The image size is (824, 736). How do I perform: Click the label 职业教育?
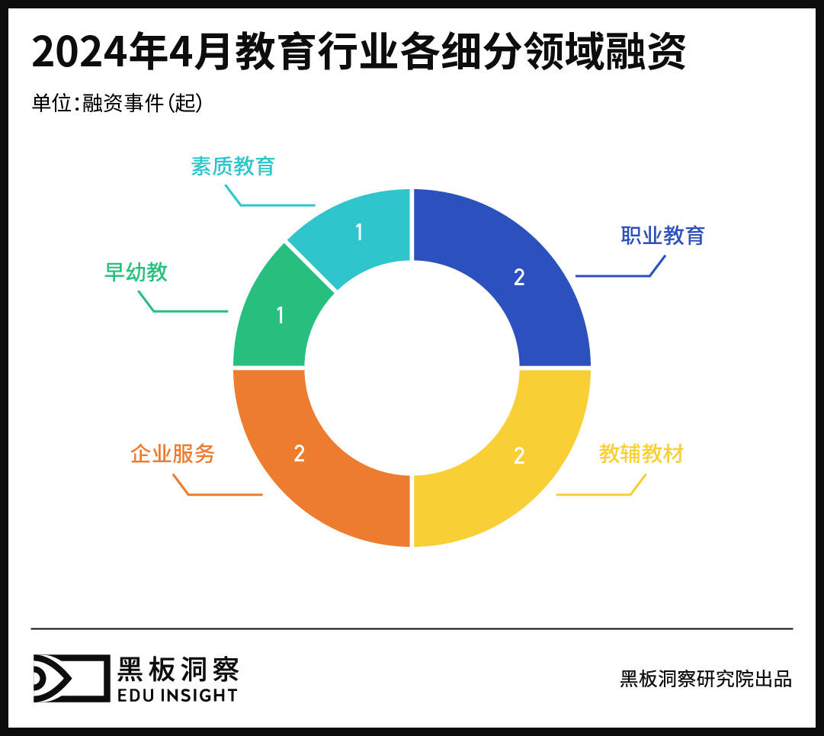click(x=662, y=235)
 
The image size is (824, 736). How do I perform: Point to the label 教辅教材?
click(x=641, y=454)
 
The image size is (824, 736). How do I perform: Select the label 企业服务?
click(x=173, y=454)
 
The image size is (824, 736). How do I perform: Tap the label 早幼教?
click(x=136, y=272)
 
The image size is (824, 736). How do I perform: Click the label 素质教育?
click(x=232, y=166)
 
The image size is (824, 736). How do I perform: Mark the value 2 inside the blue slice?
click(x=519, y=277)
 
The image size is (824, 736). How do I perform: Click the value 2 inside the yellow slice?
click(x=519, y=455)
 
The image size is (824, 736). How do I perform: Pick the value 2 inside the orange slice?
click(x=299, y=453)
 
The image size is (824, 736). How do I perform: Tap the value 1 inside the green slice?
click(x=280, y=314)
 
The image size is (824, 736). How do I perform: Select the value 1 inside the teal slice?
click(x=359, y=232)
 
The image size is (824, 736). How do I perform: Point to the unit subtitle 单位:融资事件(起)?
click(x=117, y=103)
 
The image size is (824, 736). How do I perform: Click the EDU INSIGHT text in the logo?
click(x=177, y=694)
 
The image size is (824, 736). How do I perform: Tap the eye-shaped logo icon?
click(x=70, y=677)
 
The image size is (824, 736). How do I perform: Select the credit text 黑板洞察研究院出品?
click(x=706, y=679)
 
